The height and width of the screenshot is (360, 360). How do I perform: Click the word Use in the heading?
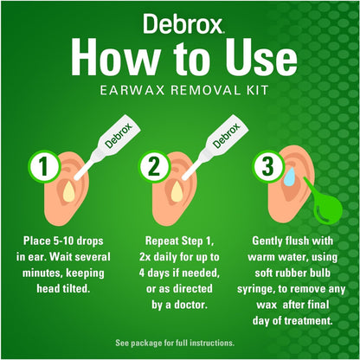261,56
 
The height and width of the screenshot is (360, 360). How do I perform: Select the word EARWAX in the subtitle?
132,90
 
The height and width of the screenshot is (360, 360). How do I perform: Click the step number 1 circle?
43,166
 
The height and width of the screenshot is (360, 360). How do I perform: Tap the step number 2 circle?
153,166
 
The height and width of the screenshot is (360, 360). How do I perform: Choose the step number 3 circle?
267,166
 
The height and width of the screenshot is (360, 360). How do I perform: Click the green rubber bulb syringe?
326,205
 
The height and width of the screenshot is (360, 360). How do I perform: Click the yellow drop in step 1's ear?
69,192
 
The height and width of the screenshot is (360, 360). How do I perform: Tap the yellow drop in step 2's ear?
177,192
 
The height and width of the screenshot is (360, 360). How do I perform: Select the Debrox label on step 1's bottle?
119,135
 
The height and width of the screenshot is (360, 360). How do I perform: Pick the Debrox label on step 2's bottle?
227,135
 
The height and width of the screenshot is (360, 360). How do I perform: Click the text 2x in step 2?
145,257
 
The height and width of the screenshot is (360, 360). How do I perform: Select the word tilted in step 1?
76,289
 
